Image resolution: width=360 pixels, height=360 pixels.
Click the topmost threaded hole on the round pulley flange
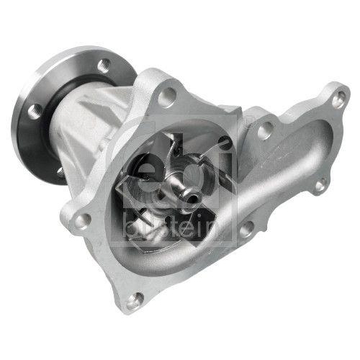point(104,63)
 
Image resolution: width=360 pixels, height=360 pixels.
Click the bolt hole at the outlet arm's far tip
point(337,100)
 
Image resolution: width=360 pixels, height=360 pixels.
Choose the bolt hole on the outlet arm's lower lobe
point(319,186)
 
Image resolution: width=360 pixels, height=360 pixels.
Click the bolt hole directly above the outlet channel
point(266,130)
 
